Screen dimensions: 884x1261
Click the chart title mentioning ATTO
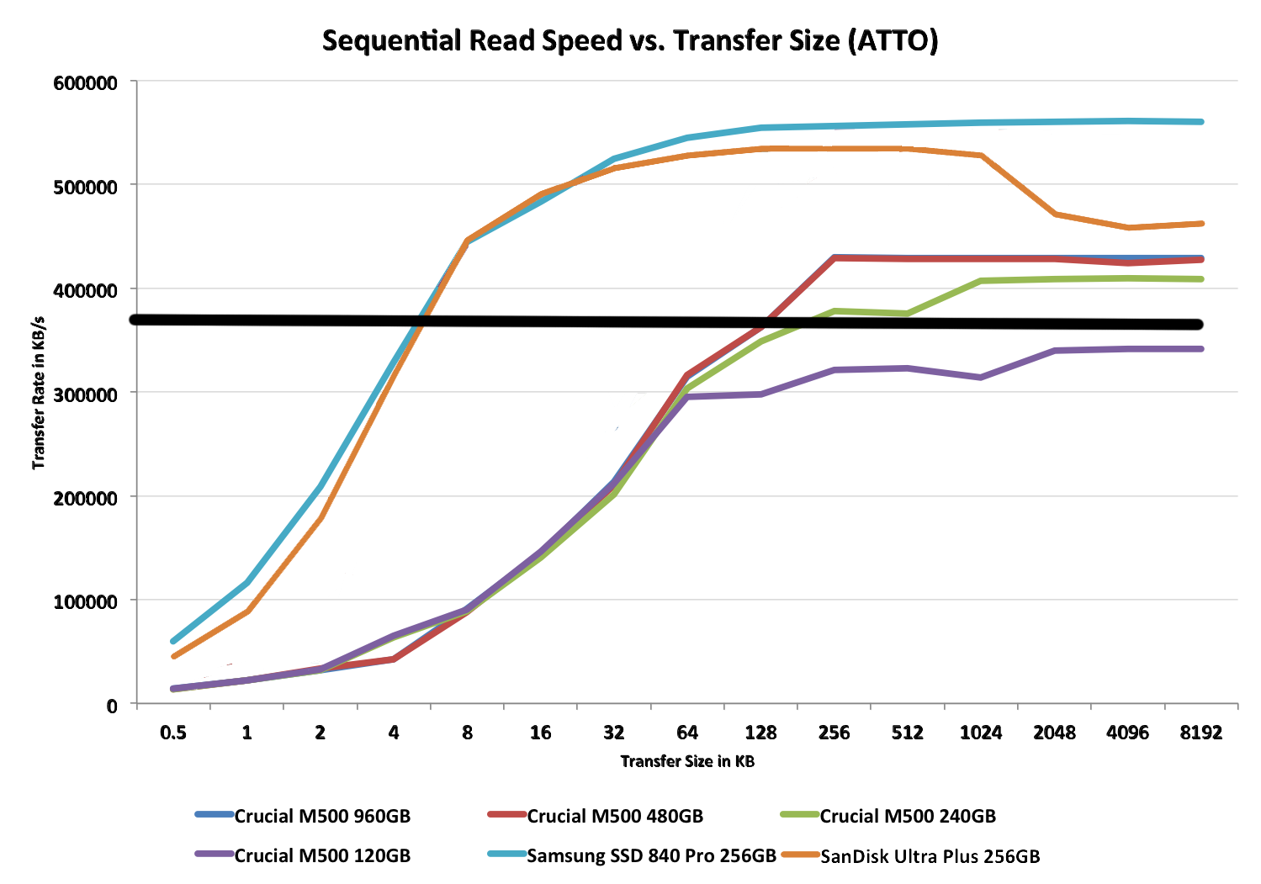(x=630, y=40)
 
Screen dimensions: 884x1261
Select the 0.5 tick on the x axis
(x=173, y=733)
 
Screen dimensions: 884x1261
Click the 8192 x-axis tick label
(x=1200, y=733)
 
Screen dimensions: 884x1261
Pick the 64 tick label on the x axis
(x=687, y=733)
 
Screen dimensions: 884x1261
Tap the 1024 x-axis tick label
(x=981, y=733)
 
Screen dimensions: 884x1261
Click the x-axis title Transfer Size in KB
(x=687, y=761)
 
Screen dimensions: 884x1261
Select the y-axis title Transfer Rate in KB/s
(x=39, y=394)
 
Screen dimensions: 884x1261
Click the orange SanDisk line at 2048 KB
(x=1055, y=214)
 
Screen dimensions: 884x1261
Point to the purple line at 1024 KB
(x=981, y=377)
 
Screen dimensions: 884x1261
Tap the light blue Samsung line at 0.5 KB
(x=173, y=641)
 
